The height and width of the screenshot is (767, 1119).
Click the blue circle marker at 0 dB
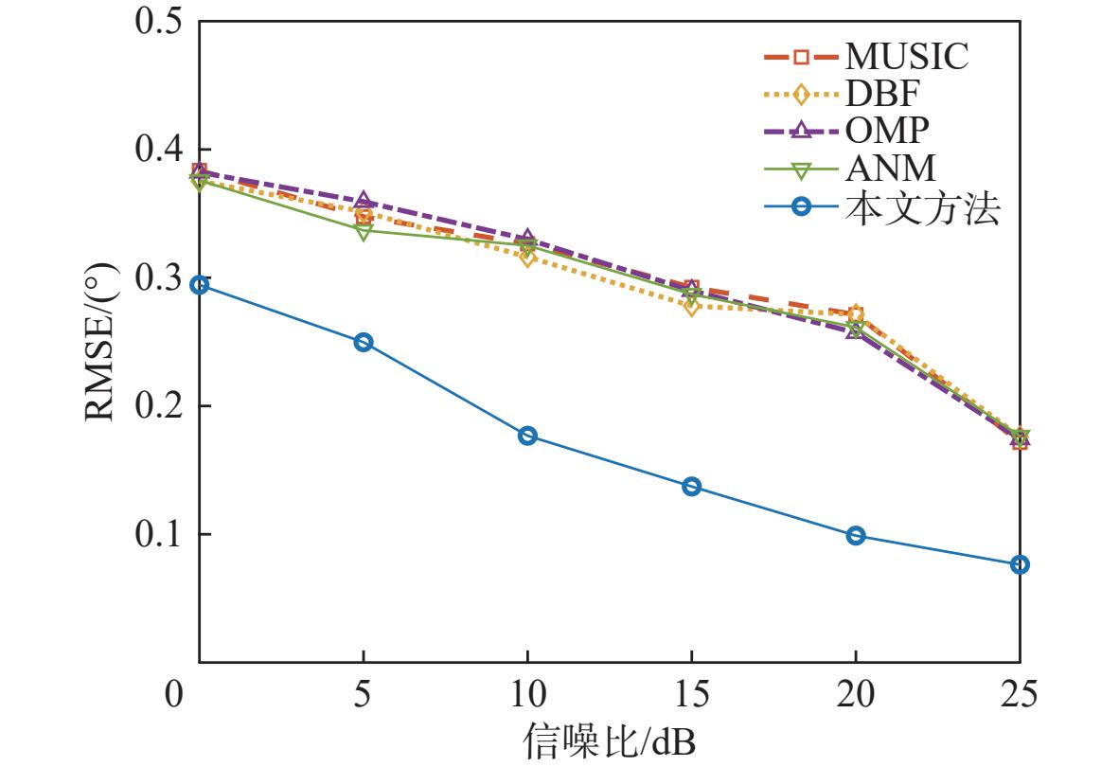click(200, 285)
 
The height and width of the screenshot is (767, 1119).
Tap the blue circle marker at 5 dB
click(364, 343)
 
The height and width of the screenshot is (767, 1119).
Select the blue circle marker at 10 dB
click(527, 436)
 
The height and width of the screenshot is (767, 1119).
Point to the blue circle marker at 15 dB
click(691, 487)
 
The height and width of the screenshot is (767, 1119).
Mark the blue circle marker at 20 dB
click(856, 536)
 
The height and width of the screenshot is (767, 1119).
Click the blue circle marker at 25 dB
click(1020, 565)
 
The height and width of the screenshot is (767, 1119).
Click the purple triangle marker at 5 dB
click(364, 200)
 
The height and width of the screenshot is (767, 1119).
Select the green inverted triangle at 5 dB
click(364, 233)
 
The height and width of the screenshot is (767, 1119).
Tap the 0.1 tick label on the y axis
click(157, 534)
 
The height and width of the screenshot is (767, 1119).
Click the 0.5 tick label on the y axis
click(157, 21)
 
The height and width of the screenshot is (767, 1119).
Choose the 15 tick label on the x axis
click(691, 693)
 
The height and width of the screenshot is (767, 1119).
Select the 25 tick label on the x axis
click(1019, 693)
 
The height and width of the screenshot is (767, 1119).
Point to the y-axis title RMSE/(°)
click(100, 342)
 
